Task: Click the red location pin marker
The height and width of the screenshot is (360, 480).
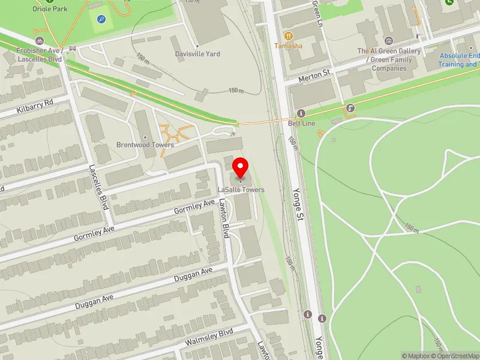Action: (x=241, y=167)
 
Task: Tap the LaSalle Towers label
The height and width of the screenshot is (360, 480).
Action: (x=241, y=190)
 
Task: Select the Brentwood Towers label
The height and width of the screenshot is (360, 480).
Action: (x=145, y=145)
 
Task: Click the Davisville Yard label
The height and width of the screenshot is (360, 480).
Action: (x=197, y=54)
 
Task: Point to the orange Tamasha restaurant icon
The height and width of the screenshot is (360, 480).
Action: (x=289, y=35)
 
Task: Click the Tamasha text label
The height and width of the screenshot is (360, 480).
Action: (x=289, y=46)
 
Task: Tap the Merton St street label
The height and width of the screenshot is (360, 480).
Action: (x=315, y=74)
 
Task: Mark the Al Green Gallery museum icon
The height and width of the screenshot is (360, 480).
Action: (x=388, y=41)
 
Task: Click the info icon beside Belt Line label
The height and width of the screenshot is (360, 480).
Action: (x=301, y=113)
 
